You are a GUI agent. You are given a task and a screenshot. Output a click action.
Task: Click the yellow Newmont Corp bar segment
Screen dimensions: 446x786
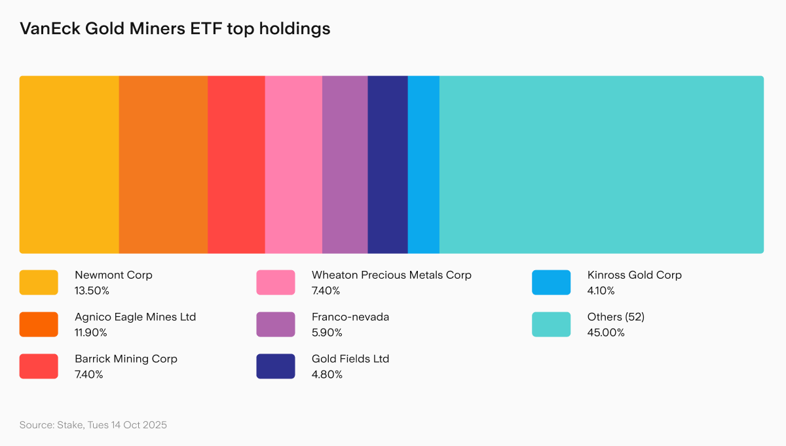click(x=69, y=165)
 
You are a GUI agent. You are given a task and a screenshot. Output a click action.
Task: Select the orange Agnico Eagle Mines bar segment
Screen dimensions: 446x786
click(x=163, y=165)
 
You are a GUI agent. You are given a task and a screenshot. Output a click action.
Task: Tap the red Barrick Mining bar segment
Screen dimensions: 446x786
click(x=236, y=165)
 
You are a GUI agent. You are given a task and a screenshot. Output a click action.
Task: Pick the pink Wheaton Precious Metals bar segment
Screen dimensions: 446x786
click(x=293, y=165)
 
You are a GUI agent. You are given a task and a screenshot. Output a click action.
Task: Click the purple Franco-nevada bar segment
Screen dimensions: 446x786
click(x=345, y=165)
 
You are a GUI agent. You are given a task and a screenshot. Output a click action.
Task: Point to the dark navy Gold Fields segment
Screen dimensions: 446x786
click(x=388, y=165)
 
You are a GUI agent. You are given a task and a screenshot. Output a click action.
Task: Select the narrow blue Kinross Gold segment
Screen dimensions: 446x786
click(x=423, y=165)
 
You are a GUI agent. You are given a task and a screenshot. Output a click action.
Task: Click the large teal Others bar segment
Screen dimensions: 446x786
click(x=601, y=165)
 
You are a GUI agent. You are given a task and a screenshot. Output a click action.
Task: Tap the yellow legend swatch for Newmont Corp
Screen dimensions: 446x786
click(x=39, y=283)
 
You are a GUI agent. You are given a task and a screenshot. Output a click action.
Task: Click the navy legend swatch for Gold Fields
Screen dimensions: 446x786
click(x=275, y=367)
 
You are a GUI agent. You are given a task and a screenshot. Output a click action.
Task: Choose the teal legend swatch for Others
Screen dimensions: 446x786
click(x=551, y=325)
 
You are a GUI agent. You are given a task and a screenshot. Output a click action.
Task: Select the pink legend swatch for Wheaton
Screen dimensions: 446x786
click(x=275, y=283)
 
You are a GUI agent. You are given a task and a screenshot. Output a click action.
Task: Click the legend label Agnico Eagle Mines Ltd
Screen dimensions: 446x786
click(x=135, y=317)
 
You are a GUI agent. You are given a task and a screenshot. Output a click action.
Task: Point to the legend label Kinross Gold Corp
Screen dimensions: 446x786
click(x=634, y=275)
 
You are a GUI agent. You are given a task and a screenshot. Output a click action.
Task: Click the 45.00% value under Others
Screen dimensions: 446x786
click(x=606, y=333)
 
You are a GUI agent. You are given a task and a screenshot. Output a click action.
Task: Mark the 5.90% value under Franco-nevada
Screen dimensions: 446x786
click(x=327, y=333)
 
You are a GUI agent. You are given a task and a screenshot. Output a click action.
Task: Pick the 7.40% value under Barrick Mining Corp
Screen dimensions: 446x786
click(x=88, y=375)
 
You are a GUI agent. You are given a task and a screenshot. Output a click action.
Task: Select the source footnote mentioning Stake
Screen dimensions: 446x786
click(x=93, y=425)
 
